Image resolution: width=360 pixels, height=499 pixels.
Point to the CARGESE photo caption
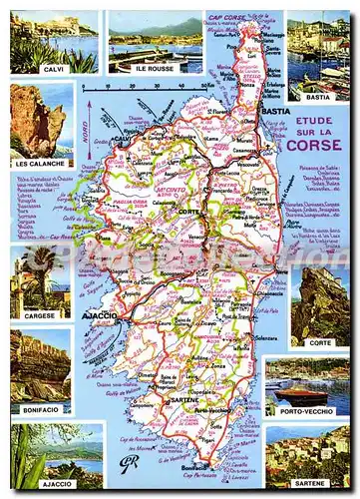41,313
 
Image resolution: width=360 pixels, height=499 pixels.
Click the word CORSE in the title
311,144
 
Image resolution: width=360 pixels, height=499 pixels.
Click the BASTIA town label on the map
274,113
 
